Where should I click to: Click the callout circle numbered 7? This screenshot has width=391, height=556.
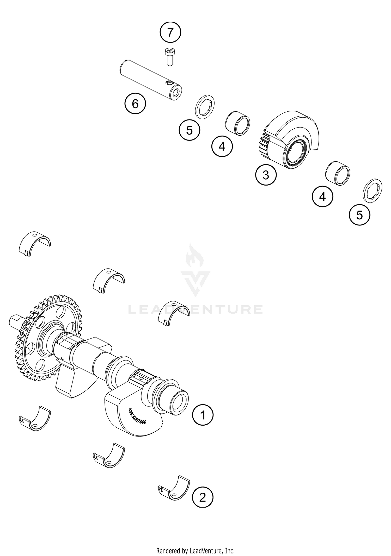point(170,33)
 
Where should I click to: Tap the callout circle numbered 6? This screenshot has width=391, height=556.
point(135,104)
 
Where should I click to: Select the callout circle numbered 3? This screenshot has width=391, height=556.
point(266,175)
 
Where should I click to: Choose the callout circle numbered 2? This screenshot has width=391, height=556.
point(203,498)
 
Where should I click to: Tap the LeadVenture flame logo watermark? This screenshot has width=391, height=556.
point(195,271)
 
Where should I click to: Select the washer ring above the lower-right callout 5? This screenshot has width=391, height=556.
point(372,190)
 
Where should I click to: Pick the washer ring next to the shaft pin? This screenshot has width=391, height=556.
point(205,107)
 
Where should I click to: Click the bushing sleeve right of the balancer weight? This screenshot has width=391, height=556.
point(338,173)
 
